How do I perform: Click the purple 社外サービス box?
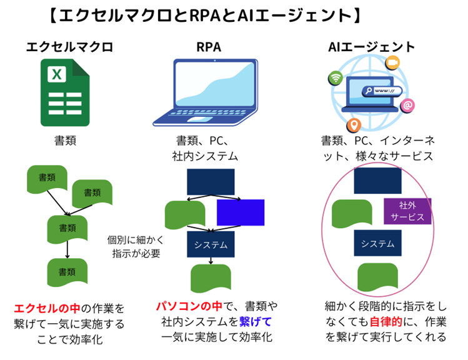pyautogui.click(x=407, y=211)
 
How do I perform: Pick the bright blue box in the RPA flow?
pyautogui.click(x=240, y=212)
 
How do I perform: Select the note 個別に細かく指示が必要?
pyautogui.click(x=136, y=246)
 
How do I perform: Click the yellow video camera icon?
pyautogui.click(x=392, y=62)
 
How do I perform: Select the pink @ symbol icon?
pyautogui.click(x=407, y=106)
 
